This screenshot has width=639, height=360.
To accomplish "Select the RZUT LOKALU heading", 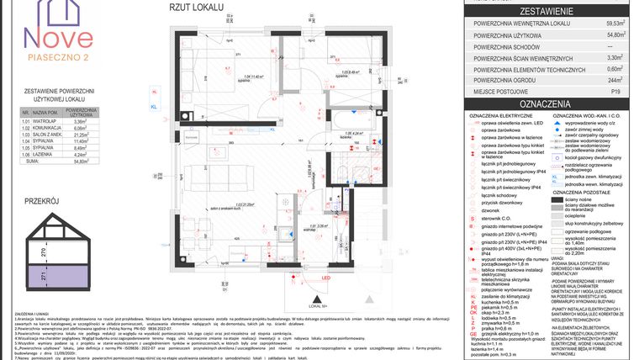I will tap(197, 8).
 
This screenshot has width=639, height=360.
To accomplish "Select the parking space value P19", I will tap(615, 91).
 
